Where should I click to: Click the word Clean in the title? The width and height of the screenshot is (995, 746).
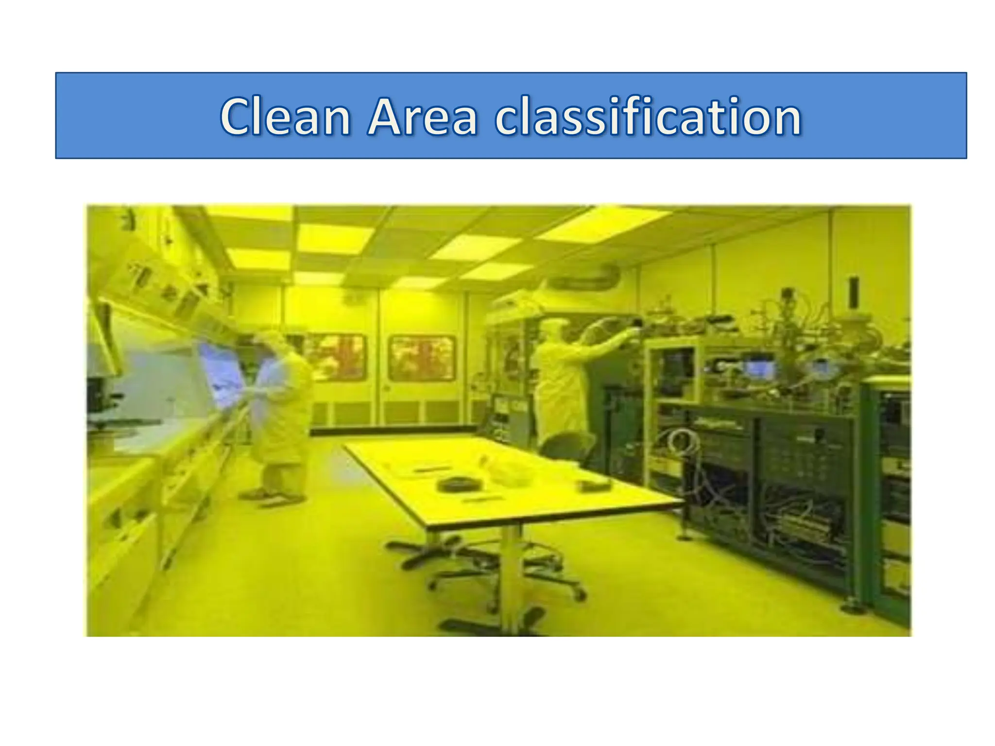pos(285,117)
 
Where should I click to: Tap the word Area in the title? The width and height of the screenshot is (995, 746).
pos(422,117)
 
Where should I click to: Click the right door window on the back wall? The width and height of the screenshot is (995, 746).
pos(422,358)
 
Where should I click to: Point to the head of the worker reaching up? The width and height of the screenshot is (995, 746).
pos(553,330)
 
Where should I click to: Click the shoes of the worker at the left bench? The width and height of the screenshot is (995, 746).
pos(272,496)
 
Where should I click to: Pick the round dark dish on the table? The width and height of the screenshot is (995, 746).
pos(459,484)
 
